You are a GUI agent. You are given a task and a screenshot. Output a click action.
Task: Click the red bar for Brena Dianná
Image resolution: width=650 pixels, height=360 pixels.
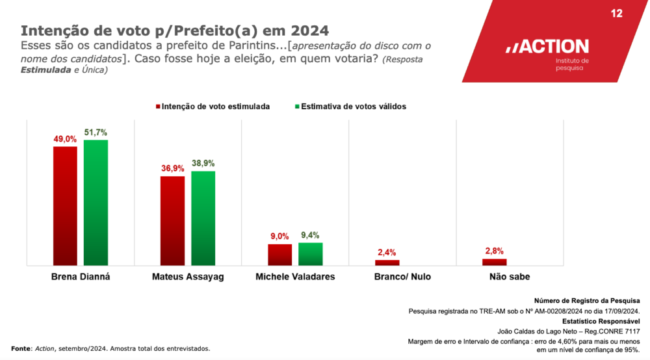point(65,205)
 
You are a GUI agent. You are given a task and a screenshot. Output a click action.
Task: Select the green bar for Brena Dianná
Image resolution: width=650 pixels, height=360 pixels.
point(96,202)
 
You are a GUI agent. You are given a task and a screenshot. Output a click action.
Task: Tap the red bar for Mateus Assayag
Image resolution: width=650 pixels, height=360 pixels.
point(172,220)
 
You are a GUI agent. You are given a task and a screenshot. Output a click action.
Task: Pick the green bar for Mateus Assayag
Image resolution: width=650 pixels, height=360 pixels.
point(203,218)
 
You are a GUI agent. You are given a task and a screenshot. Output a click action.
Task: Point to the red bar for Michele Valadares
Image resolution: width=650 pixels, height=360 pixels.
point(280,255)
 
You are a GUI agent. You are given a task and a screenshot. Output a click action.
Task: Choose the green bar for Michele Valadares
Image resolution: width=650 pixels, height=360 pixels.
point(310,254)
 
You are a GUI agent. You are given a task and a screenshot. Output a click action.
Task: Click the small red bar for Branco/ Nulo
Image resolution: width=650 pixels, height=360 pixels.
point(387,263)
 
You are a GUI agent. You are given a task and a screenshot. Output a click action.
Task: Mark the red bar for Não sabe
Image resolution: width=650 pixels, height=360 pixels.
point(494,262)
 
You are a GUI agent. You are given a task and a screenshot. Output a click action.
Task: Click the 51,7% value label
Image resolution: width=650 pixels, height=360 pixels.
point(96,133)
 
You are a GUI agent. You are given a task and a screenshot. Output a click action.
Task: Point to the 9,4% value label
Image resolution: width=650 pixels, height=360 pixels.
point(310,236)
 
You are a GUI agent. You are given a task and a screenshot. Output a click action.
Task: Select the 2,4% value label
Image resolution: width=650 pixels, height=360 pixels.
point(387,253)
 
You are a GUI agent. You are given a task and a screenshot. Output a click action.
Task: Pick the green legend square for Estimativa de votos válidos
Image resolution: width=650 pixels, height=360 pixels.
point(296,106)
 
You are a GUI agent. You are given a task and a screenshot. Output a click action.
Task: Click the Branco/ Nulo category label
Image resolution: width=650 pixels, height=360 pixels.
point(403,277)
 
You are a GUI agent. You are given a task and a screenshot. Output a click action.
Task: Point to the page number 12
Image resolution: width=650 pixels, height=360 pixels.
point(617,14)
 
